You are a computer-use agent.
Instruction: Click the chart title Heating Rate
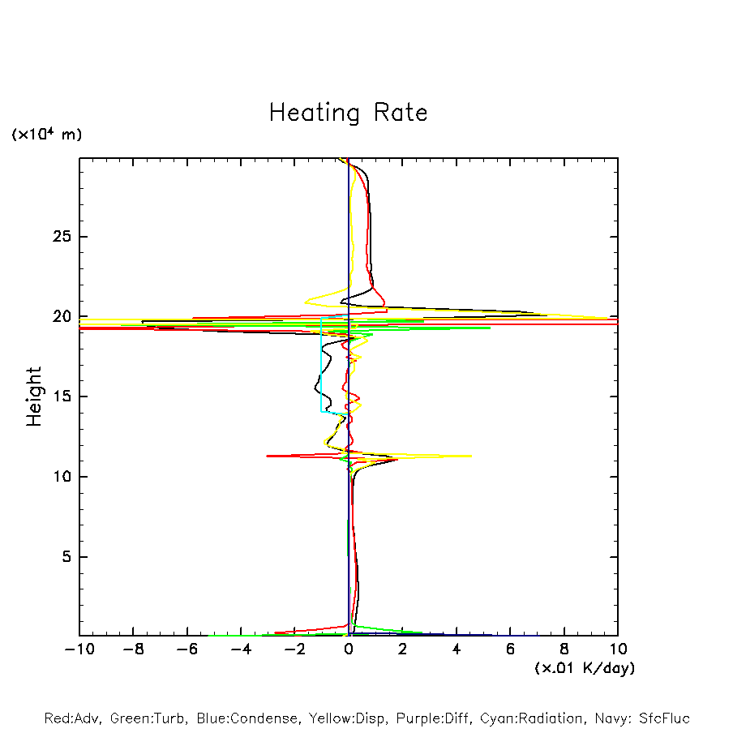point(348,113)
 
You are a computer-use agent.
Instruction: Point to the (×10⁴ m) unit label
point(46,135)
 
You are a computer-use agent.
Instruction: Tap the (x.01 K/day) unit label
point(584,668)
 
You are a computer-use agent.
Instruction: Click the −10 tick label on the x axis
point(79,649)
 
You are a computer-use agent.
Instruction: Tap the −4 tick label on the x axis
point(240,649)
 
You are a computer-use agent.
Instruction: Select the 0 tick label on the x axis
point(349,649)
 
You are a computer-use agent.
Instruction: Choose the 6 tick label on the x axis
point(510,649)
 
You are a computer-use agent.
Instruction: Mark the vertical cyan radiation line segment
point(321,365)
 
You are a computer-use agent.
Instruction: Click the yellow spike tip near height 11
point(470,456)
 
